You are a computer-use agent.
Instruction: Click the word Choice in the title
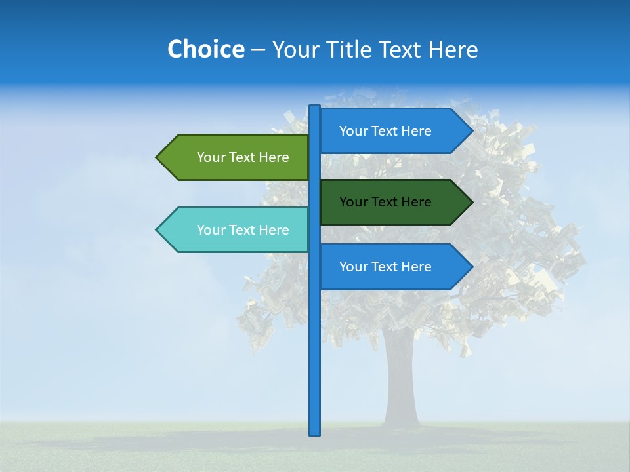pyautogui.click(x=205, y=49)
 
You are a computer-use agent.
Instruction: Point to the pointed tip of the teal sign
pyautogui.click(x=157, y=230)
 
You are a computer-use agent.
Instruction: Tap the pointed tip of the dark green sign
pyautogui.click(x=471, y=202)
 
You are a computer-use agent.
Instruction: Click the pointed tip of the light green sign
pyautogui.click(x=157, y=157)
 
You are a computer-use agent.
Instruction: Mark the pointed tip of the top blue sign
pyautogui.click(x=471, y=130)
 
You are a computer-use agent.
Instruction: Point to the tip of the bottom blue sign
pyautogui.click(x=471, y=267)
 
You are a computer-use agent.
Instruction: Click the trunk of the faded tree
pyautogui.click(x=400, y=380)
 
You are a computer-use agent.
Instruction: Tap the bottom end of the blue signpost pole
pyautogui.click(x=314, y=432)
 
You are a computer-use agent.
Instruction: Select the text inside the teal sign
pyautogui.click(x=243, y=230)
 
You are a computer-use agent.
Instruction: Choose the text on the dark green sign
pyautogui.click(x=385, y=202)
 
